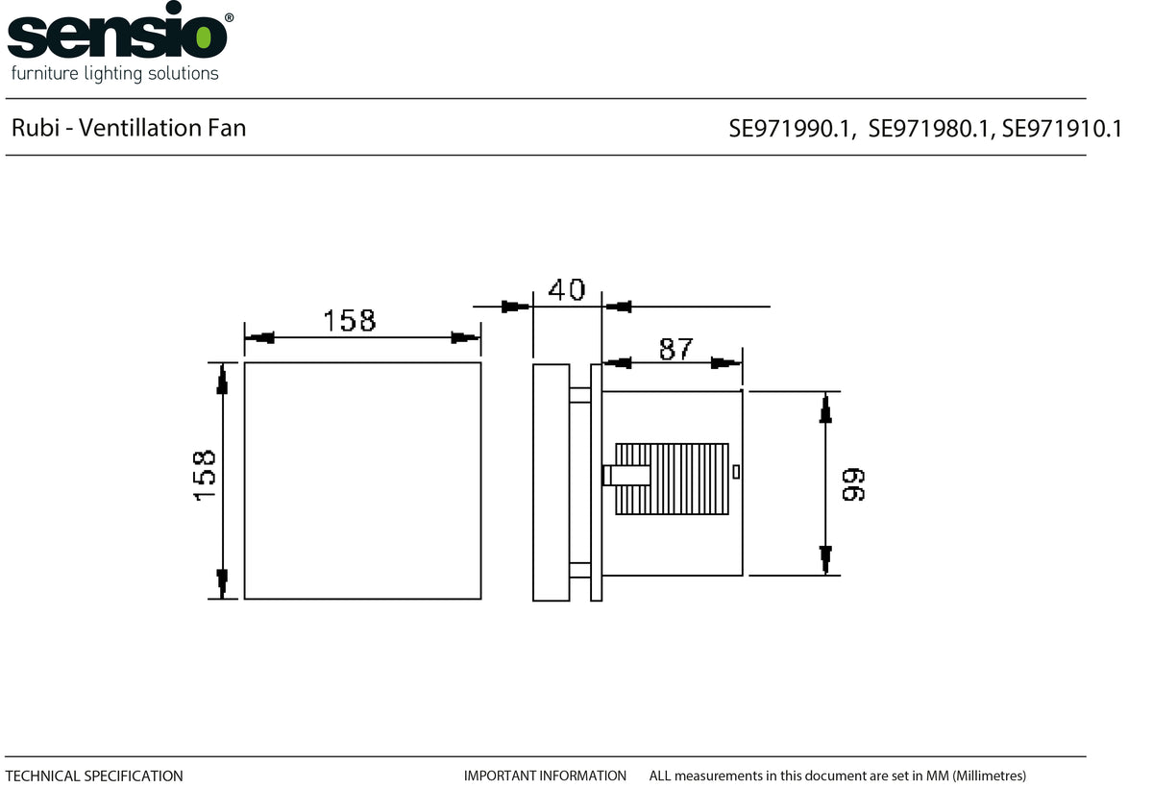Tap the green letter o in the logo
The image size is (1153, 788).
[x=204, y=38]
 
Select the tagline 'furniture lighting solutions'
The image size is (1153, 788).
[x=114, y=73]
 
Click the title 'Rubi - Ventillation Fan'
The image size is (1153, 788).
[x=129, y=128]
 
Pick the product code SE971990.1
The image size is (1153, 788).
[x=792, y=129]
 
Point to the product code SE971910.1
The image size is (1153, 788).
[x=1062, y=129]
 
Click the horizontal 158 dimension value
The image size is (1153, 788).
[x=350, y=320]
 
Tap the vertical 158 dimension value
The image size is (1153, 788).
[x=205, y=475]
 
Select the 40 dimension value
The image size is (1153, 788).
[x=567, y=289]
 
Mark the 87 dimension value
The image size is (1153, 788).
[x=675, y=349]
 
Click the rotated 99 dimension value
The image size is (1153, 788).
[x=853, y=484]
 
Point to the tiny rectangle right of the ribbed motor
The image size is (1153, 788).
[x=736, y=471]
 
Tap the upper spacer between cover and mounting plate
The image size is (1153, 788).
[x=579, y=394]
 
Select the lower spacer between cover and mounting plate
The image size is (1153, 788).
[x=579, y=570]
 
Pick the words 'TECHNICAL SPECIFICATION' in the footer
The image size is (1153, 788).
[x=94, y=776]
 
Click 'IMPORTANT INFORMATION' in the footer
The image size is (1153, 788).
[x=545, y=776]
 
